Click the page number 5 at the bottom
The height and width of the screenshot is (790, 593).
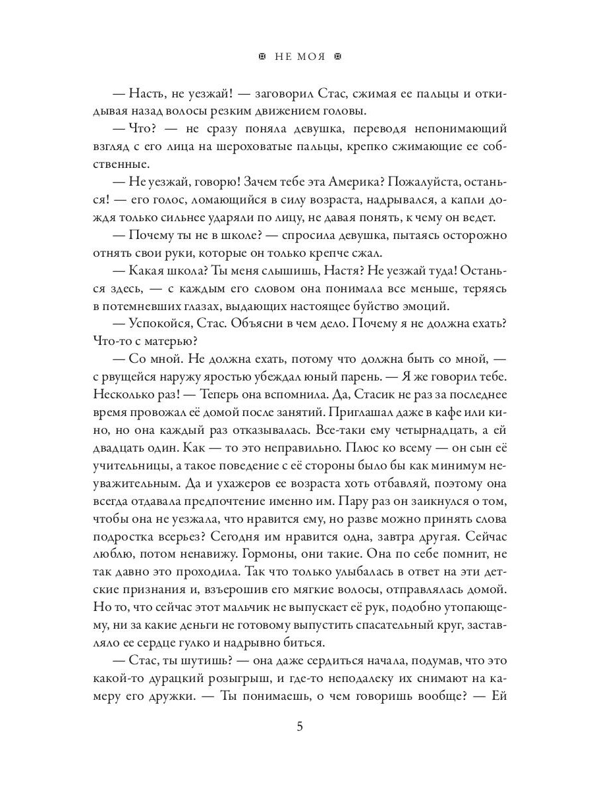point(300,726)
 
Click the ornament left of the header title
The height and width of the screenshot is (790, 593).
point(262,57)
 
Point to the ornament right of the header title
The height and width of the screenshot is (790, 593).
point(339,57)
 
